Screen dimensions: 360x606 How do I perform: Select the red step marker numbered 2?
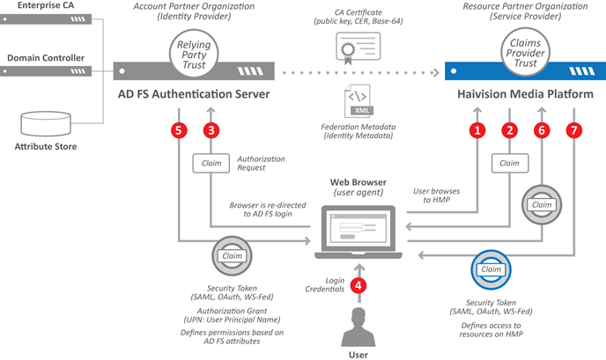[x=508, y=130]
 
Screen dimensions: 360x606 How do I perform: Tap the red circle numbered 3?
[x=210, y=130]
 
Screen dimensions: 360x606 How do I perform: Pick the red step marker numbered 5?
[x=180, y=130]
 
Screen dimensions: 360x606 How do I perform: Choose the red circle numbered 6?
[x=542, y=130]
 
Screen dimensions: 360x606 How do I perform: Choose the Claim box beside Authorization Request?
[x=210, y=163]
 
